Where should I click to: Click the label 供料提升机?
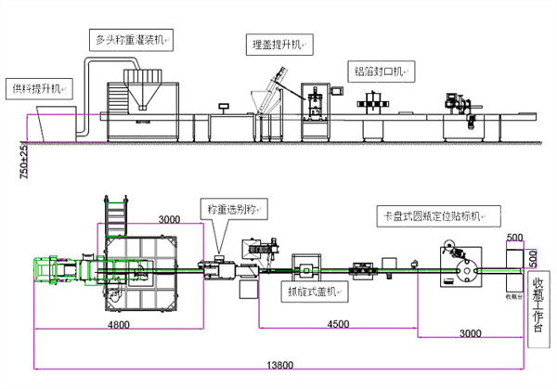[34, 88]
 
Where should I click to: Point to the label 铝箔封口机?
[382, 71]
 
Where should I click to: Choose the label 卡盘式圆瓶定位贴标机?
[435, 215]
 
